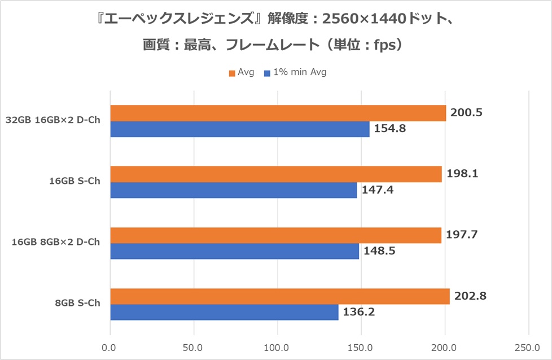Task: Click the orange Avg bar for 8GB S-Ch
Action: coord(279,296)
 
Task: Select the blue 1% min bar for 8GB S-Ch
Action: coord(224,312)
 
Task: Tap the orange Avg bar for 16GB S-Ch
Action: coord(275,174)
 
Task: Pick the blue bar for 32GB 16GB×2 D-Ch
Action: coord(239,129)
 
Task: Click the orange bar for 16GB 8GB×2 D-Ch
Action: coord(275,235)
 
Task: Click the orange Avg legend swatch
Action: coord(231,72)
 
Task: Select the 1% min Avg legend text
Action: coord(300,72)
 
